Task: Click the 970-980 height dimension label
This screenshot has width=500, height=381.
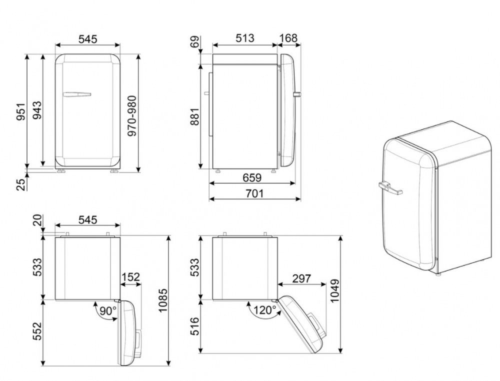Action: tap(131, 115)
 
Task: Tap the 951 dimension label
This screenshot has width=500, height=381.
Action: tap(20, 111)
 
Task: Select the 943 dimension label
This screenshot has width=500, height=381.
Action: tap(37, 110)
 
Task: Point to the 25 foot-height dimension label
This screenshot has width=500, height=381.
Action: tap(20, 184)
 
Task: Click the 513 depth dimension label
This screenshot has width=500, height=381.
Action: tap(245, 38)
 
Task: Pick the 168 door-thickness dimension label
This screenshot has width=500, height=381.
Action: tap(288, 38)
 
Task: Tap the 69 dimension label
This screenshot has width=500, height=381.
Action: tap(194, 41)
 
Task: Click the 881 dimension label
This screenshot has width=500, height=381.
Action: tap(194, 116)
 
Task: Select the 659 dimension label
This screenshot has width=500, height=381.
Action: tap(252, 177)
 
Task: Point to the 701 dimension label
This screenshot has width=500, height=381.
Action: tap(254, 193)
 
